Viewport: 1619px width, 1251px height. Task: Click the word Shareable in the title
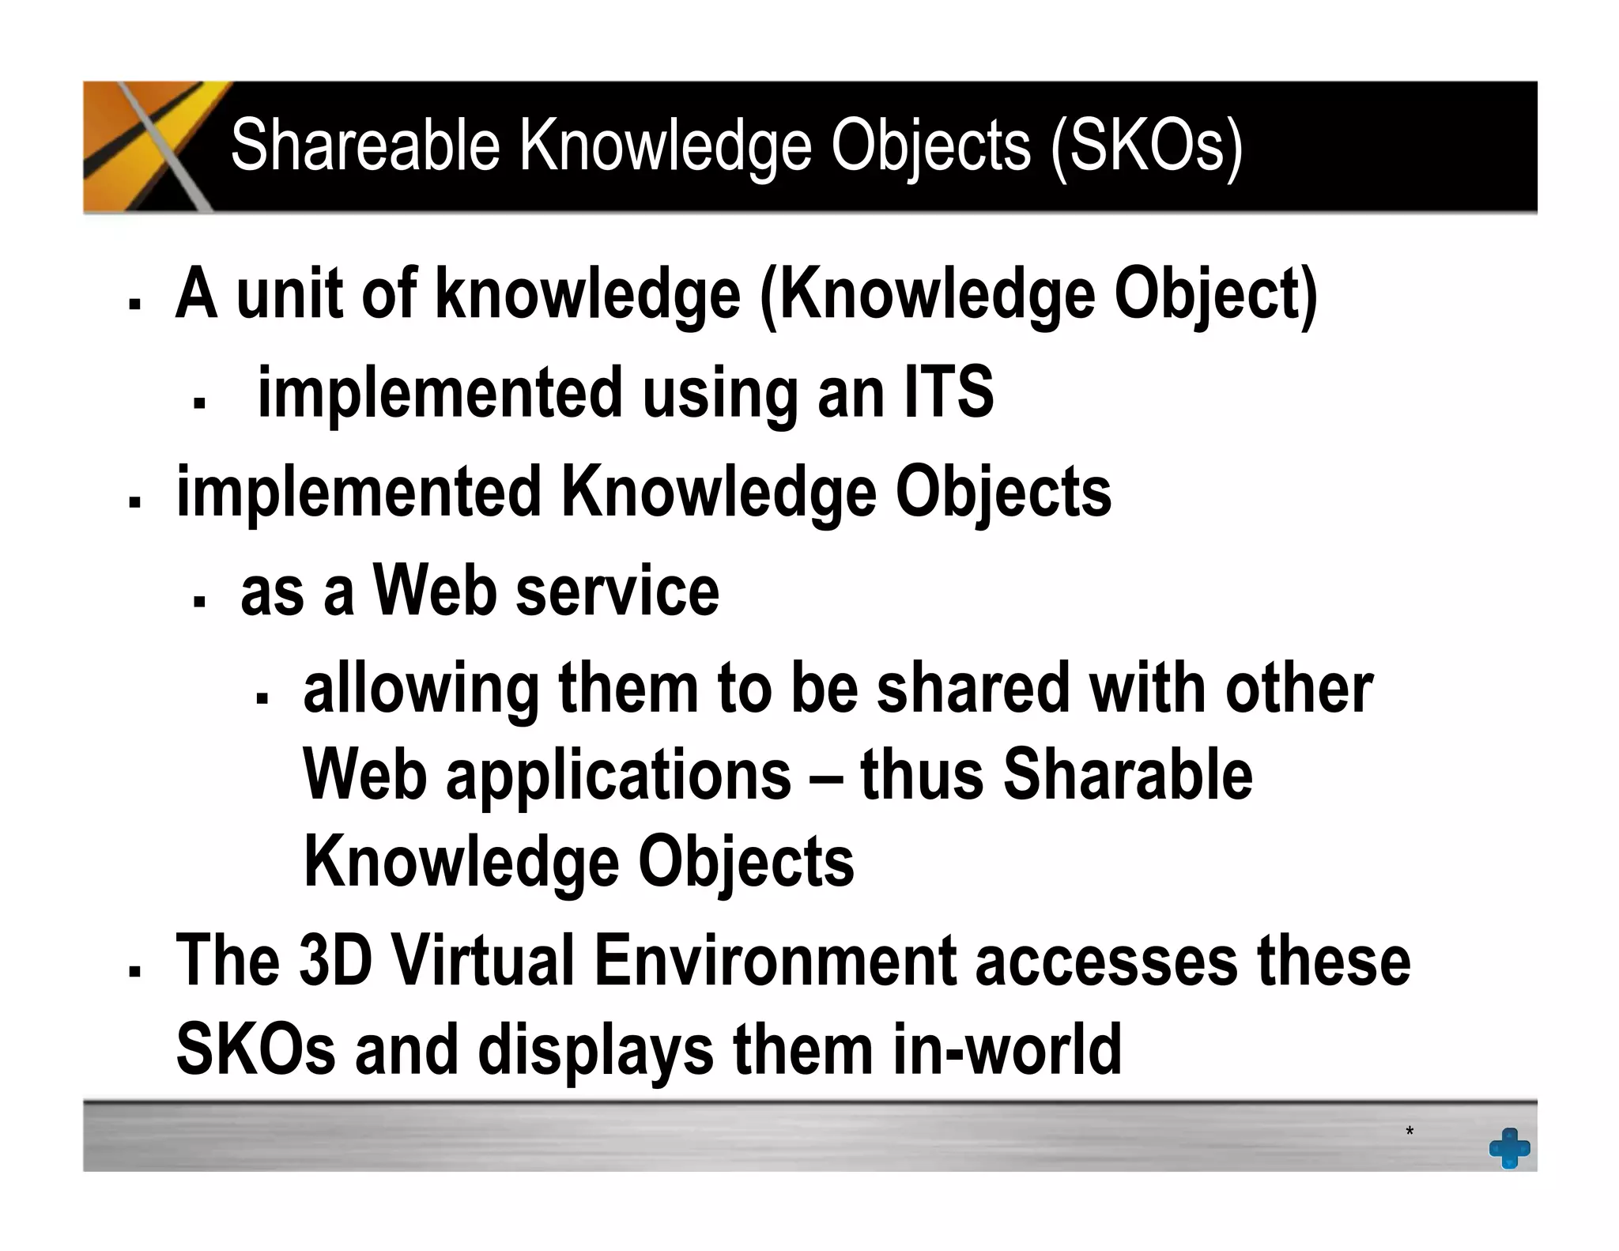(x=365, y=146)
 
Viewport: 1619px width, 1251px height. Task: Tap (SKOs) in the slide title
(x=1147, y=147)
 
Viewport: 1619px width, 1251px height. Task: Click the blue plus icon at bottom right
(x=1509, y=1147)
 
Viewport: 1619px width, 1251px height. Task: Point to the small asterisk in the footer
(x=1410, y=1132)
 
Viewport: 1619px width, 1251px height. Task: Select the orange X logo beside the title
(x=150, y=146)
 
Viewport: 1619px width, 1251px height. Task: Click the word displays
(x=595, y=1051)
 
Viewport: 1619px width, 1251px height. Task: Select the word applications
(x=618, y=776)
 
